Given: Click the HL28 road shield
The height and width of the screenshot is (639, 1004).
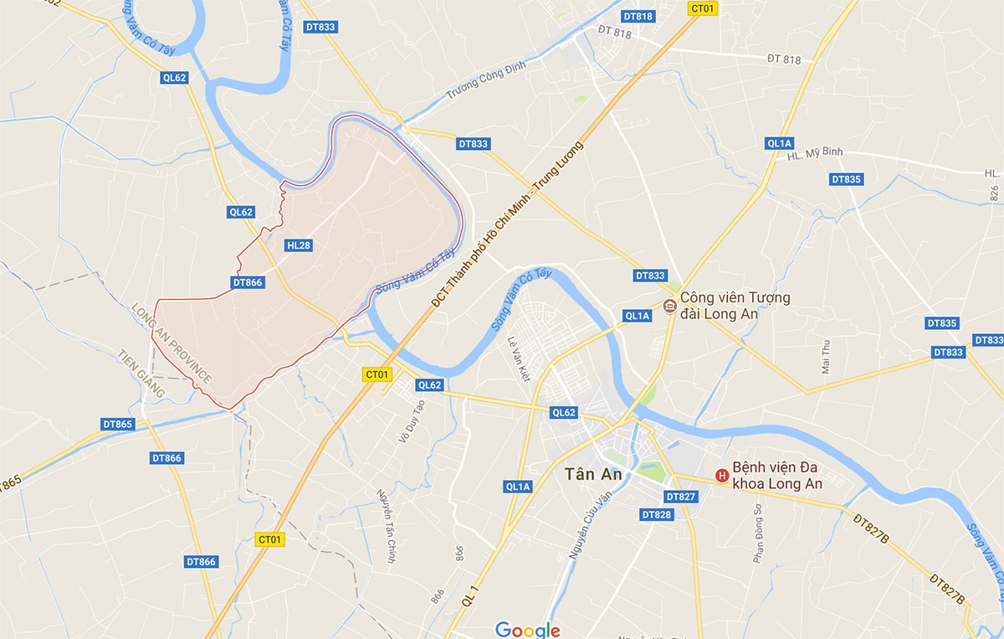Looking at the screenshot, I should (x=298, y=245).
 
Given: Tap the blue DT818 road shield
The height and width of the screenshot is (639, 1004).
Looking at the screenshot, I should (x=638, y=16).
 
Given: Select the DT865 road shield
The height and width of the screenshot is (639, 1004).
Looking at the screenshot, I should (x=118, y=425).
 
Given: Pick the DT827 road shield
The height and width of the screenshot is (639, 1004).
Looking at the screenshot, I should (x=681, y=497).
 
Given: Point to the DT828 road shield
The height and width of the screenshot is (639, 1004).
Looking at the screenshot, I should (x=657, y=514).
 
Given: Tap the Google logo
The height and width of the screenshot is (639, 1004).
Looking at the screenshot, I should (x=527, y=630).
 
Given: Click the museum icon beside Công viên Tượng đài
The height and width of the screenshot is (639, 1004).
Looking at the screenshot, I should (x=669, y=306).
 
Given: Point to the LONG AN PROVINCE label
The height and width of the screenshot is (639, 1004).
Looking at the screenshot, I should (x=172, y=343).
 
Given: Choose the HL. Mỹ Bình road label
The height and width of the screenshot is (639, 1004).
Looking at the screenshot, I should (x=815, y=153).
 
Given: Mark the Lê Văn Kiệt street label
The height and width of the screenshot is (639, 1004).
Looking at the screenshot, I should (x=514, y=355).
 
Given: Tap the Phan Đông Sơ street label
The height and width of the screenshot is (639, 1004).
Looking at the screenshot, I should (x=760, y=533).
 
